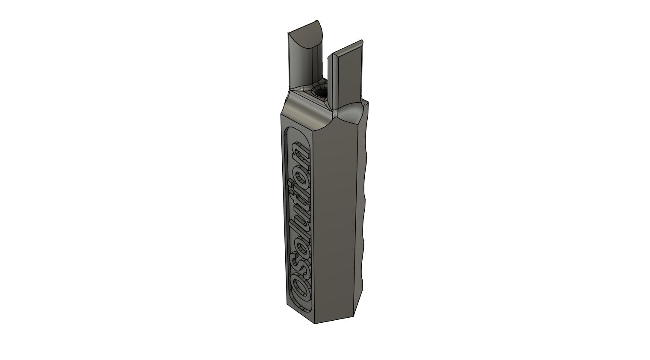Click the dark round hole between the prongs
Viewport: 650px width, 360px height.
(320, 93)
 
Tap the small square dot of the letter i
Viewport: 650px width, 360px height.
(291, 183)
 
